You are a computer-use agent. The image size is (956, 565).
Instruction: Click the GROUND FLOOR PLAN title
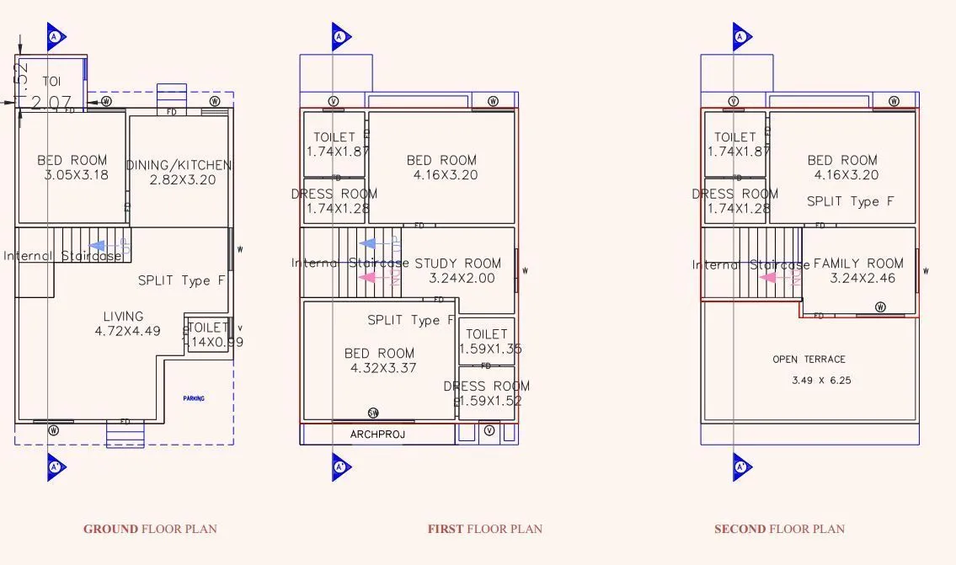pyautogui.click(x=150, y=529)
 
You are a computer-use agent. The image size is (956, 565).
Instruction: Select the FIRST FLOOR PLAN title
pyautogui.click(x=485, y=529)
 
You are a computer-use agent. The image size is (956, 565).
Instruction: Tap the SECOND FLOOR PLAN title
pyautogui.click(x=779, y=529)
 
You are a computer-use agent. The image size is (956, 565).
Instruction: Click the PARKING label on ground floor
pyautogui.click(x=194, y=398)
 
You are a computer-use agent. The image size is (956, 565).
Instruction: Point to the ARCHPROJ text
pyautogui.click(x=377, y=434)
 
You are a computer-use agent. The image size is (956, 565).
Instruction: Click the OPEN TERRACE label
pyautogui.click(x=809, y=360)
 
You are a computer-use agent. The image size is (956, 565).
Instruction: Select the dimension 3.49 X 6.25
pyautogui.click(x=821, y=381)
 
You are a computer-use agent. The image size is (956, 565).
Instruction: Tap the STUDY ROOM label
pyautogui.click(x=457, y=263)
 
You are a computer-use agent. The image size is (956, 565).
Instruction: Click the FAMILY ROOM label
pyautogui.click(x=858, y=263)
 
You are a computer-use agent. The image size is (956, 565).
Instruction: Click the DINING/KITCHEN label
pyautogui.click(x=179, y=165)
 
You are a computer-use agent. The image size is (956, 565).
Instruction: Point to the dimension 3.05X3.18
pyautogui.click(x=77, y=176)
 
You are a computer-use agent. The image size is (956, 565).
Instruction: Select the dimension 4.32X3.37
pyautogui.click(x=383, y=368)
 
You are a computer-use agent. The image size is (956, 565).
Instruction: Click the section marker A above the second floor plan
pyautogui.click(x=740, y=37)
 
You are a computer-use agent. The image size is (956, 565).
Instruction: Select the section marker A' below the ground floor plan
pyautogui.click(x=56, y=466)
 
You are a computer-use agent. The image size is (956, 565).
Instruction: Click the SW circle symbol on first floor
pyautogui.click(x=373, y=413)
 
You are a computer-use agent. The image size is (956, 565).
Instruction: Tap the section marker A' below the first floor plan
pyautogui.click(x=340, y=466)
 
